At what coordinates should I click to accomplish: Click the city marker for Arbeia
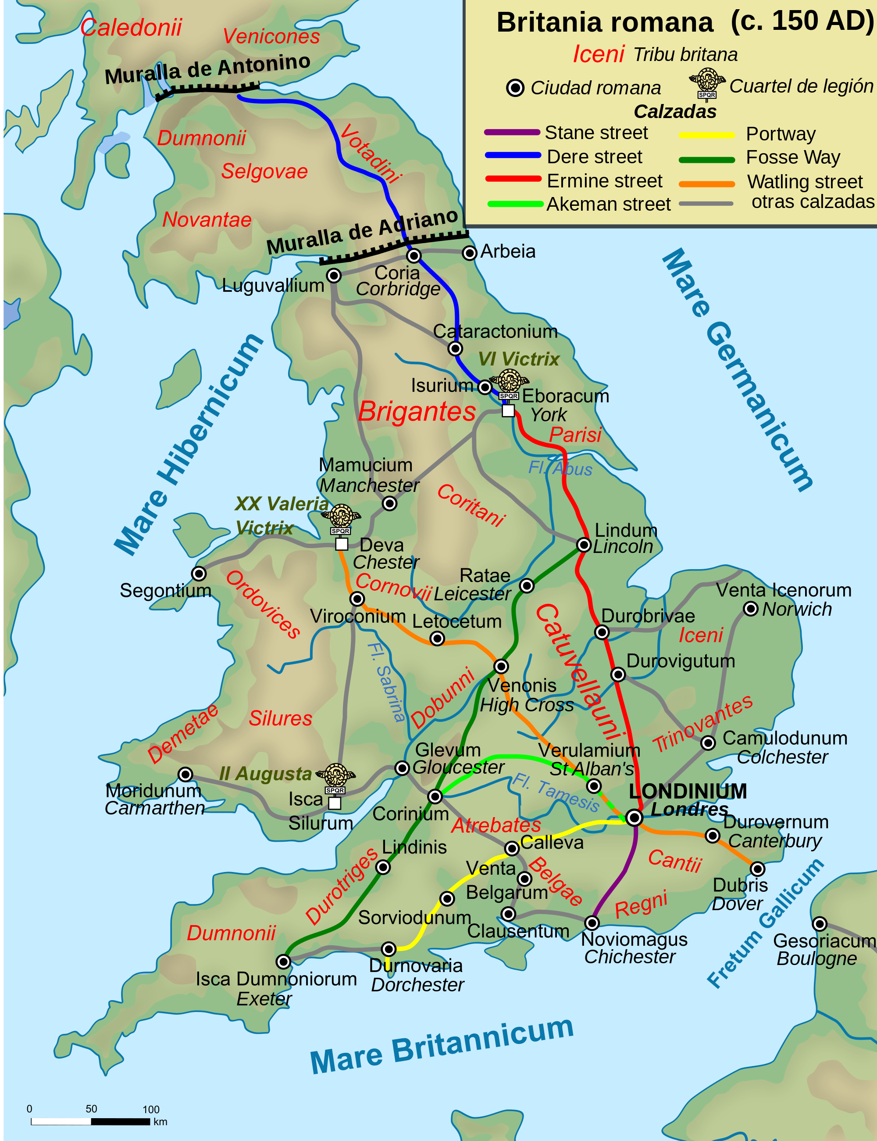469,253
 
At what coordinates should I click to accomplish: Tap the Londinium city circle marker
634,818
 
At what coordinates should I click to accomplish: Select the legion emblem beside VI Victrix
509,383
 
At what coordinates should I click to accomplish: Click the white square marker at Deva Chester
342,544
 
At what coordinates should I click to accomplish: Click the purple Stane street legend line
512,133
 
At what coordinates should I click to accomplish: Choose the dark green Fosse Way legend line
706,160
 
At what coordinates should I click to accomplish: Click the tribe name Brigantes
417,412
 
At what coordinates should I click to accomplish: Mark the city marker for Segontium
198,574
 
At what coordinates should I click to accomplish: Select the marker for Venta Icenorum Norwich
750,609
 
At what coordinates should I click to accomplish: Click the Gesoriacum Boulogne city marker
820,924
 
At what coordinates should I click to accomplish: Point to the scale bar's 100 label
151,1109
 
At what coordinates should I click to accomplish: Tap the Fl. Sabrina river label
386,682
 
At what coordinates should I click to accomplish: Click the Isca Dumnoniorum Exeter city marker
283,961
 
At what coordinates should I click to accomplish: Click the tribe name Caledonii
131,28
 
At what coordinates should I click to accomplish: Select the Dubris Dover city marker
757,869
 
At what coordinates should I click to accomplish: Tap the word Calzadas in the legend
674,112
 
